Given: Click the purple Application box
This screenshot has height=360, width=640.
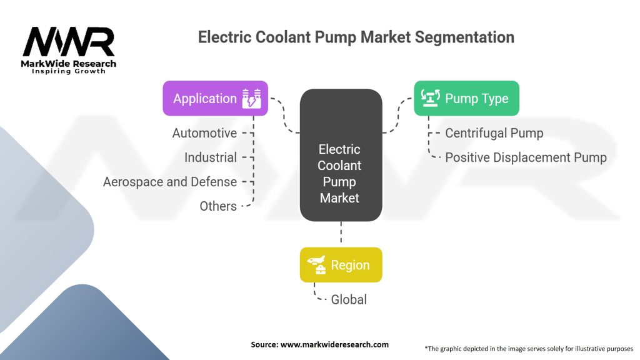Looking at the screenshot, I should coord(215,99).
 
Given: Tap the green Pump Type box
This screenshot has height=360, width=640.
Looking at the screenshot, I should coord(466,98).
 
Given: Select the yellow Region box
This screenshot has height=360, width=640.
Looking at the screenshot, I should coord(341,265).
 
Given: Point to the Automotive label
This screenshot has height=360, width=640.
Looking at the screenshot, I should coord(204,133).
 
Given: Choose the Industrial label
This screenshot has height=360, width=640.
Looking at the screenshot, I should coord(210,157).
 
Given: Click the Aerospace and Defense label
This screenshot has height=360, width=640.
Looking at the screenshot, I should coord(170,182).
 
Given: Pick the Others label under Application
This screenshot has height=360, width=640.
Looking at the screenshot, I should coord(218,206).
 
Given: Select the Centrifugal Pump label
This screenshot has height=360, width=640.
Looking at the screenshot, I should coord(494,133).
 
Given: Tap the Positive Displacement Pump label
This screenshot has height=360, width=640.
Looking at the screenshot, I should coord(526,157).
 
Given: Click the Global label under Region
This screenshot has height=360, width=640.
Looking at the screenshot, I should coord(349,299).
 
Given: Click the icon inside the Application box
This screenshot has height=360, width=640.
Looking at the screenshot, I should coord(252,99).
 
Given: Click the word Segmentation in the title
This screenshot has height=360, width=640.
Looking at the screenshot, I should coord(465,37).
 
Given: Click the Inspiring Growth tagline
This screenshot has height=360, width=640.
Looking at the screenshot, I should coord(69,71).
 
